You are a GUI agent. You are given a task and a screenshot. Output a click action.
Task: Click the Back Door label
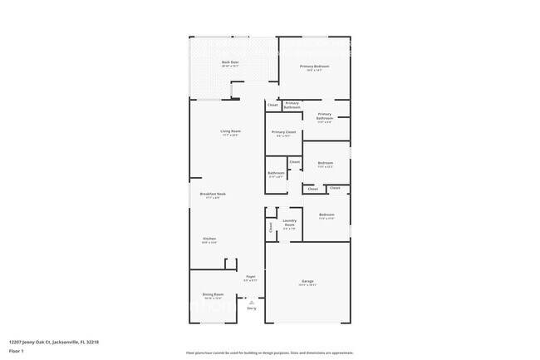click(230, 63)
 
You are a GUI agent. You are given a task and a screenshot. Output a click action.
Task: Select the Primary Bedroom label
click(314, 67)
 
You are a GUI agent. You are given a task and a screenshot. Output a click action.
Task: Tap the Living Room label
click(230, 131)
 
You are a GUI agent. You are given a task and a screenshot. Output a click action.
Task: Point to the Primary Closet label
click(283, 132)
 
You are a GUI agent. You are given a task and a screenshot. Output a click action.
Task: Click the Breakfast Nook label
click(213, 194)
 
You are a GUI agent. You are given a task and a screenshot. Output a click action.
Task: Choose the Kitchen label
click(209, 239)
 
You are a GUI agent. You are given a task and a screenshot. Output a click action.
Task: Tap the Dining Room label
click(213, 294)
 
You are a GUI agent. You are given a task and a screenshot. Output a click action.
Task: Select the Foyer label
click(250, 277)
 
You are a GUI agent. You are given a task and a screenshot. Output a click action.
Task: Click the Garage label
click(307, 283)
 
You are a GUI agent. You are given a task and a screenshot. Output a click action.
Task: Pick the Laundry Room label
click(289, 223)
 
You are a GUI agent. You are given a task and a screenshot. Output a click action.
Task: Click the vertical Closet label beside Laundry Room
click(271, 226)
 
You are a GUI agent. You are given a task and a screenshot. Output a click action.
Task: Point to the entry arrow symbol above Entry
click(251, 302)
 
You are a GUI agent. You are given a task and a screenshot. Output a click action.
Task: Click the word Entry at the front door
click(251, 308)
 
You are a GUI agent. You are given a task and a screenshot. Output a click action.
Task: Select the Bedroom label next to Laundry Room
click(326, 215)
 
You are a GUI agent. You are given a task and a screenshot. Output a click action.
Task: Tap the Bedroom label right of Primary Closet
click(325, 163)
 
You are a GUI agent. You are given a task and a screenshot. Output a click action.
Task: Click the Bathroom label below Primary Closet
click(276, 173)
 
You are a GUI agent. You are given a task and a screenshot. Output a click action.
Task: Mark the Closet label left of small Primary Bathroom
click(272, 105)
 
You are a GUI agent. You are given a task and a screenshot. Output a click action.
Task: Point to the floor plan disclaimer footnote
click(269, 353)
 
